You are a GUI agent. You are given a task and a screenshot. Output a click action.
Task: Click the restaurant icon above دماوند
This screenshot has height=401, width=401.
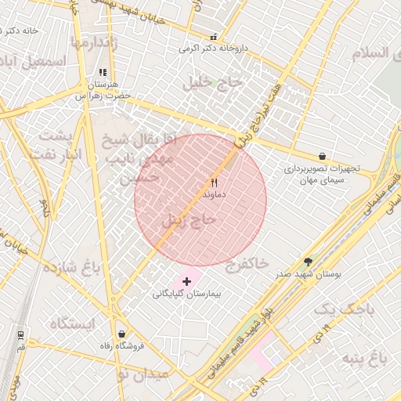pyautogui.click(x=214, y=182)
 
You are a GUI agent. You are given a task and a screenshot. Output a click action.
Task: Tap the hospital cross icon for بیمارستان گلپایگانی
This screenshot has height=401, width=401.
pyautogui.click(x=186, y=280)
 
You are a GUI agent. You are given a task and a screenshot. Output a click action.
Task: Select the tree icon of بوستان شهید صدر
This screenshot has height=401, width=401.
pyautogui.click(x=308, y=262)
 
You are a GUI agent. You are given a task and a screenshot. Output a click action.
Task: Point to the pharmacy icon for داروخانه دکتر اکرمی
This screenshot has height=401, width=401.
pyautogui.click(x=214, y=36)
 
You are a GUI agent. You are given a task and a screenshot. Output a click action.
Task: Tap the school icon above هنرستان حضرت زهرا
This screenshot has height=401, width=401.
pyautogui.click(x=102, y=72)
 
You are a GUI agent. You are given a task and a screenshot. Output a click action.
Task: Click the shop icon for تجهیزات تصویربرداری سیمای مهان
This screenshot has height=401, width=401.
pyautogui.click(x=323, y=156)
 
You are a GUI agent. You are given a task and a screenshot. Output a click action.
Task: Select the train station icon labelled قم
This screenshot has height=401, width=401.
pyautogui.click(x=20, y=334)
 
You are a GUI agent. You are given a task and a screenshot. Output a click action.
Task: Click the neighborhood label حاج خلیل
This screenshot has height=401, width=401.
pyautogui.click(x=214, y=82)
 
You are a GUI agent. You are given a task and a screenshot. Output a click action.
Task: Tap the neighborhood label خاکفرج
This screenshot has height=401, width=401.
pyautogui.click(x=247, y=263)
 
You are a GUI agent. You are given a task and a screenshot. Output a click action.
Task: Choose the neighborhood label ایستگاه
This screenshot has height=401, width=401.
pyautogui.click(x=71, y=323)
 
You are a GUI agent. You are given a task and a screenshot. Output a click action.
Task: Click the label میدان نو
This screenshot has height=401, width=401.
pyautogui.click(x=142, y=375)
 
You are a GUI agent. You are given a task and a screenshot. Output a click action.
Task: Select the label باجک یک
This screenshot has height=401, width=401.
pyautogui.click(x=344, y=310)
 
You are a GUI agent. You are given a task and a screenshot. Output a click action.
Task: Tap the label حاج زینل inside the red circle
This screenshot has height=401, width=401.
pyautogui.click(x=188, y=221)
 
